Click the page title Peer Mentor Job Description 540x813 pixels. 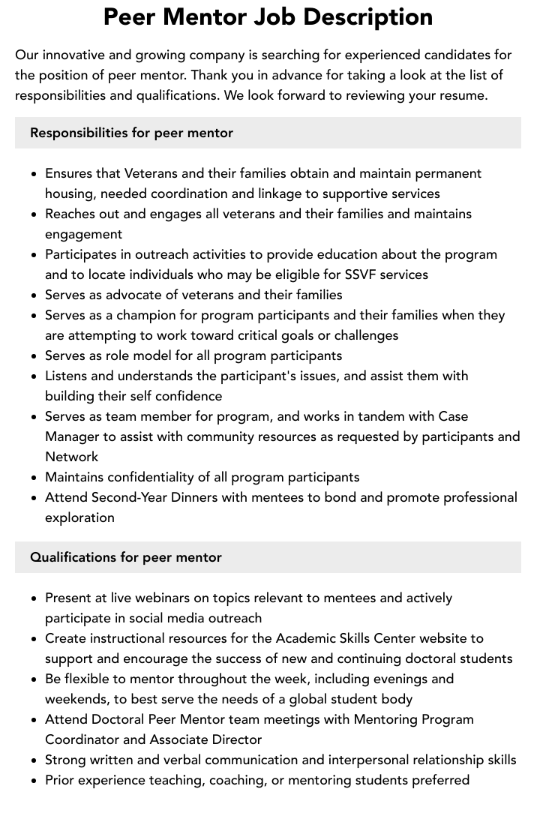click(268, 17)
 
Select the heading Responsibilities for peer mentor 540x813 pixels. click(131, 133)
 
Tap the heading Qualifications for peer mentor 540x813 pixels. click(126, 557)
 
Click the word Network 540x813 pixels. click(71, 457)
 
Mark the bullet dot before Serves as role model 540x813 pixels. click(34, 356)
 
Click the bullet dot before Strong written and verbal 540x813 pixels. click(34, 760)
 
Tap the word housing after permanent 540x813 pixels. click(69, 193)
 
